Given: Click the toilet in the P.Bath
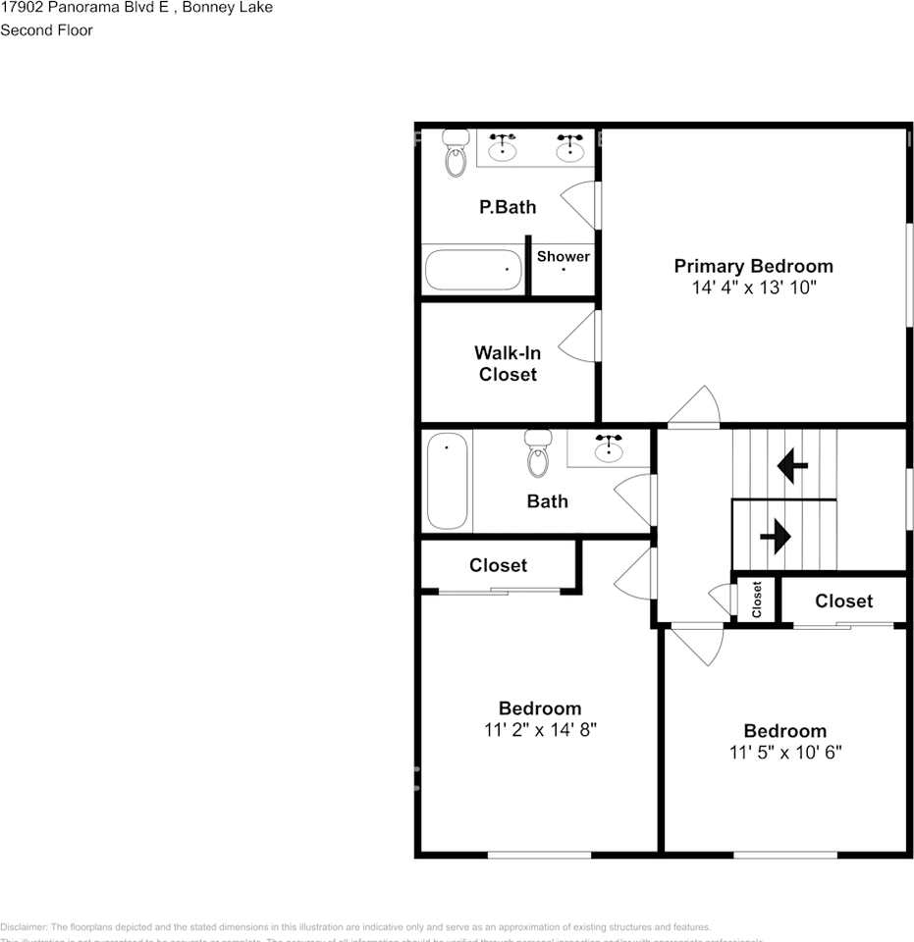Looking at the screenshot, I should tap(456, 153).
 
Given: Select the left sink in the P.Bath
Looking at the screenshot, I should tap(504, 147).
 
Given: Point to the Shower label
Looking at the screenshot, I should tap(564, 256).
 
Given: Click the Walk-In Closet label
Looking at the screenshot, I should tap(508, 363).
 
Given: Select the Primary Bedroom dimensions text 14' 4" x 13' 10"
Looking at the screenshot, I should tap(753, 288).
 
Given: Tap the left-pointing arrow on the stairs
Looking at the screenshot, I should tap(792, 467).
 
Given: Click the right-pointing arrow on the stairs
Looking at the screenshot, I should tap(776, 537).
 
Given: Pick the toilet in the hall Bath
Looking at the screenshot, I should tap(538, 453).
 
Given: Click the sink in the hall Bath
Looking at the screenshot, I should tap(610, 448).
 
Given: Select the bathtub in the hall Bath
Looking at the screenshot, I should tap(448, 482).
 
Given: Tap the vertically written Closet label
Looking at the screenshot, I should tap(757, 599).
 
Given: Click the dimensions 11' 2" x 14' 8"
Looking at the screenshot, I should tap(540, 730).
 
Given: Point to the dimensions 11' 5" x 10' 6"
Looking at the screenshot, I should tap(784, 753).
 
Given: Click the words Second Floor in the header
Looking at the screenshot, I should tap(46, 30).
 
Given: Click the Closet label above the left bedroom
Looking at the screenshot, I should tap(498, 565).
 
